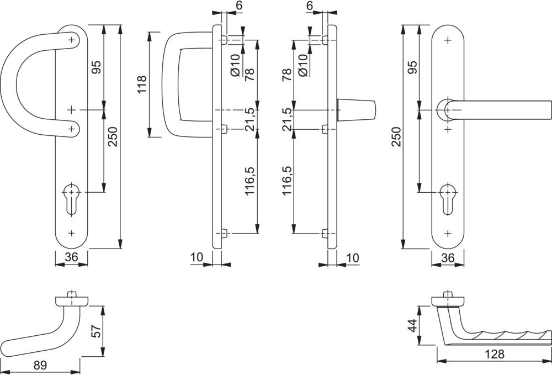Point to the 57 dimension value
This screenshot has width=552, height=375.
(x=95, y=331)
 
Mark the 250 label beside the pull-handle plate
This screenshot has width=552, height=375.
(x=113, y=135)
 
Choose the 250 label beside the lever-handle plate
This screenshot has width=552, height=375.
(x=396, y=135)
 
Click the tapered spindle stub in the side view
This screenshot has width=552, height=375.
(x=356, y=110)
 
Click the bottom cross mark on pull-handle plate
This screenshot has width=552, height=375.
(x=71, y=233)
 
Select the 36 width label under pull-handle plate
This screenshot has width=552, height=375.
(x=72, y=256)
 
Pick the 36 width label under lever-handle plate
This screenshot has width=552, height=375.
(x=448, y=257)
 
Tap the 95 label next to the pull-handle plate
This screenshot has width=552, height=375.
(x=96, y=67)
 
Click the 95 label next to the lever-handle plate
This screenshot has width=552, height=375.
(x=412, y=67)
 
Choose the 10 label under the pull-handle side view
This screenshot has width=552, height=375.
(x=197, y=257)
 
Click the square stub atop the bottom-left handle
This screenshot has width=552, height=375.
(x=71, y=294)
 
